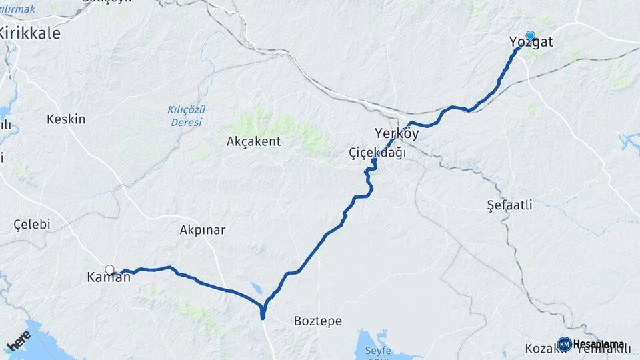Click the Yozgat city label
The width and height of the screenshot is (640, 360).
[x=531, y=43]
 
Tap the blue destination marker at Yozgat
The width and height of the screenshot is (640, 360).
[x=530, y=35]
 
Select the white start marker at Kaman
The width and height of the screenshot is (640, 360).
[x=109, y=270]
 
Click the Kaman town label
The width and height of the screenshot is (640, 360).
[x=109, y=278]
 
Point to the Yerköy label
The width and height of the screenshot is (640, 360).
[x=397, y=133]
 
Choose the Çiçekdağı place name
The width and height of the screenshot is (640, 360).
[x=377, y=153]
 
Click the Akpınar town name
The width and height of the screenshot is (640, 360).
[x=203, y=230]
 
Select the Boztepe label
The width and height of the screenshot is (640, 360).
[x=318, y=321]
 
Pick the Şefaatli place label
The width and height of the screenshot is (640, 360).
[x=509, y=205]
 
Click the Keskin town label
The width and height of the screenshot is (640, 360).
[x=66, y=119]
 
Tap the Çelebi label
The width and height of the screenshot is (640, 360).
[x=32, y=225]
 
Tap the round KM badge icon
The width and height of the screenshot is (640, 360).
[x=565, y=344]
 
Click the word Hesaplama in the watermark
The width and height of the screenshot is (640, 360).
[x=599, y=345]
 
